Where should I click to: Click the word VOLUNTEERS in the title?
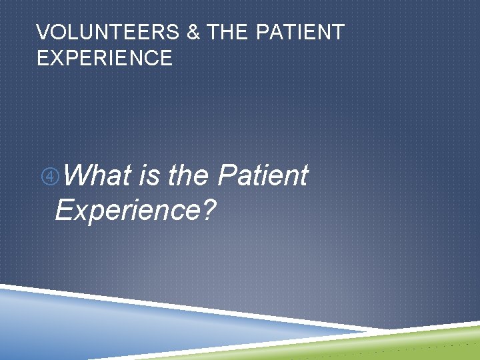(x=108, y=32)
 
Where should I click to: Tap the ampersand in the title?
(x=193, y=32)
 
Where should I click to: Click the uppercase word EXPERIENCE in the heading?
(x=105, y=58)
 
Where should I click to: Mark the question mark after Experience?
(x=210, y=211)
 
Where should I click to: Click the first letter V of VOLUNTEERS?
(x=43, y=32)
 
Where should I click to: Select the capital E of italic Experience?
(x=65, y=211)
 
